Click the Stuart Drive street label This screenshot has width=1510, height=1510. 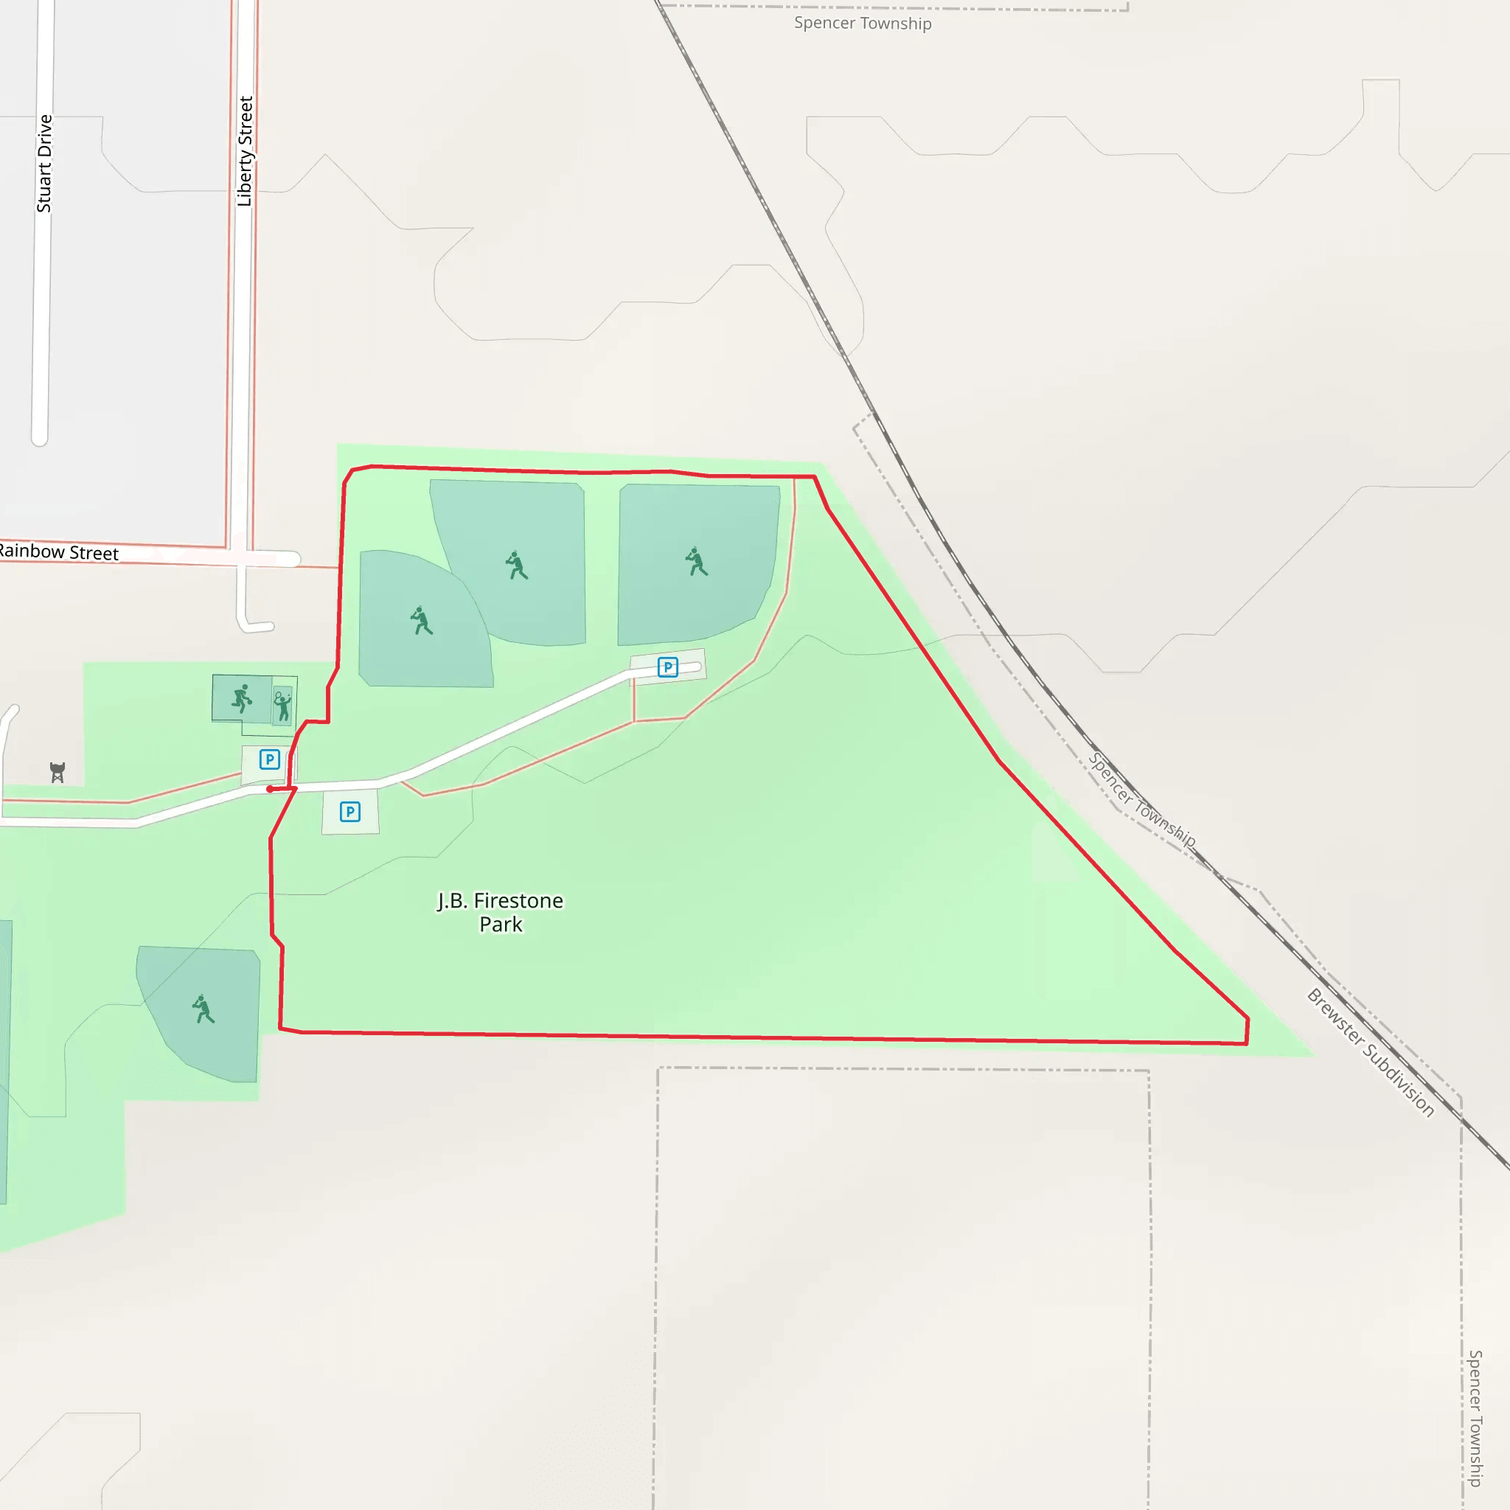pos(44,164)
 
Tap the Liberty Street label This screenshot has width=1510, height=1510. pos(246,152)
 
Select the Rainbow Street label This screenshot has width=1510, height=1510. pos(59,552)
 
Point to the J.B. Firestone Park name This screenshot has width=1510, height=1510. pos(500,912)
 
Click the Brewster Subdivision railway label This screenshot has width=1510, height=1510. pos(1371,1052)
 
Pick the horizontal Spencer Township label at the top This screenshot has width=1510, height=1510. pos(862,24)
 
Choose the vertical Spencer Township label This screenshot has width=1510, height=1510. pos(1475,1418)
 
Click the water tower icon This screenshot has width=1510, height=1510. pos(57,772)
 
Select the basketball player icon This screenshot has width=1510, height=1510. pos(243,699)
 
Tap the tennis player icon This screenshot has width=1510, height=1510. pos(282,705)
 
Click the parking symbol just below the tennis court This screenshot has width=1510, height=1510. pos(270,759)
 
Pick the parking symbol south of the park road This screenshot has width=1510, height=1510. pos(350,811)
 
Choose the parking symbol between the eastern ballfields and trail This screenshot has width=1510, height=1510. pos(667,667)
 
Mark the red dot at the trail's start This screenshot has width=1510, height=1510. pos(270,790)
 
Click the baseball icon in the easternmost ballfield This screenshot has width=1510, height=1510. pos(696,561)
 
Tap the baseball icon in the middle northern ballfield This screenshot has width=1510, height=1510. pos(517,565)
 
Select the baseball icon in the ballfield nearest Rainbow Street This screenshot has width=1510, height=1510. pos(421,621)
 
